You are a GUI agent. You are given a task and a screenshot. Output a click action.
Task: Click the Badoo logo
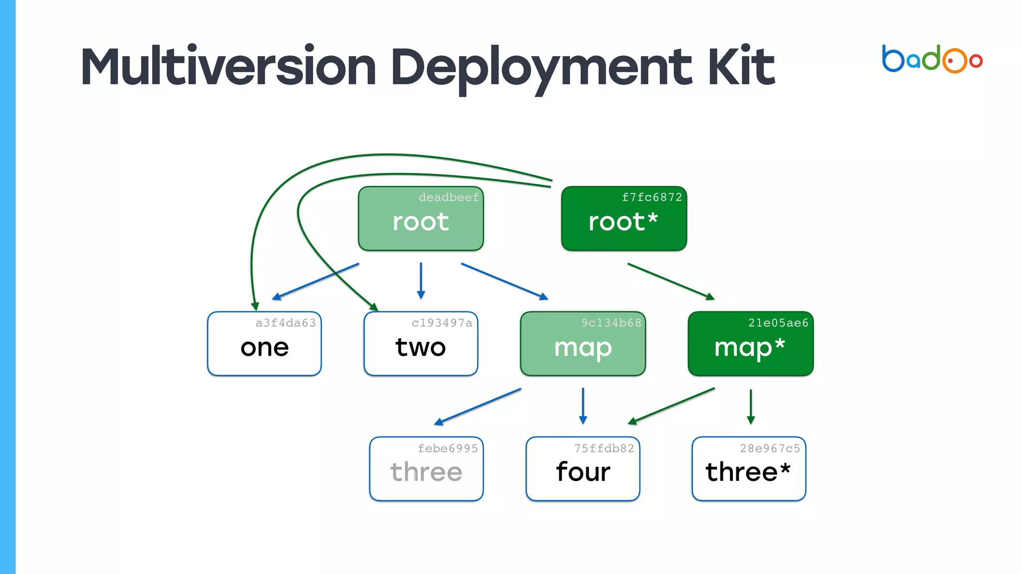[x=931, y=59]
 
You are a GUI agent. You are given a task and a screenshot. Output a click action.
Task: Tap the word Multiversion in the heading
[x=228, y=66]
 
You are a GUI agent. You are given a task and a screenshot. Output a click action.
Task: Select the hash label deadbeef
[x=448, y=197]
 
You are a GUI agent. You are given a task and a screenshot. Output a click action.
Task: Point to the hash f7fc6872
[x=652, y=197]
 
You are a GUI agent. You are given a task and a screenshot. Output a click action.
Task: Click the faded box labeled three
[x=426, y=469]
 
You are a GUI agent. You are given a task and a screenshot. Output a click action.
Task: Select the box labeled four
[x=583, y=469]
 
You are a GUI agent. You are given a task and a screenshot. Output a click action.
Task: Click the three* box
[x=748, y=469]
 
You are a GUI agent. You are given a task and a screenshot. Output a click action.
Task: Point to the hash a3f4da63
[x=286, y=323]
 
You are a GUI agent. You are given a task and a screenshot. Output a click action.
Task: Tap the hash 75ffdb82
[x=604, y=448]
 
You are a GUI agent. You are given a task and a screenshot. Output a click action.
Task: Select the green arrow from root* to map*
[x=671, y=282]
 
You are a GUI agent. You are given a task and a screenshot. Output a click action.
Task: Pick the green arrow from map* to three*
[x=751, y=406]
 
